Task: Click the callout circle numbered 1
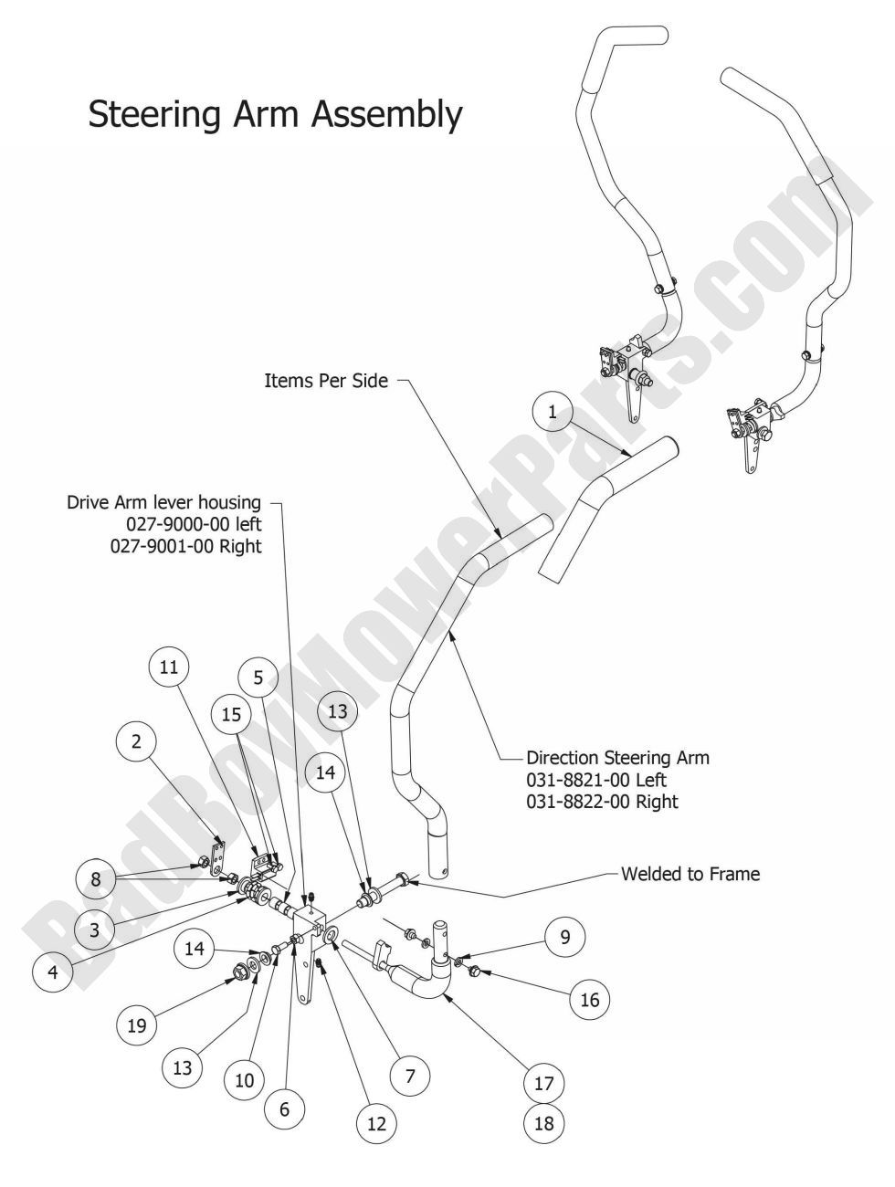click(x=552, y=412)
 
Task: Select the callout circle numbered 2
click(x=136, y=741)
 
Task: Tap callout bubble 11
click(x=169, y=667)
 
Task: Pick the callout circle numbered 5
click(x=258, y=678)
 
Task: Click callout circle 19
click(x=137, y=1026)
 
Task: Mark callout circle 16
click(x=590, y=1000)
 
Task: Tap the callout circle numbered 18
click(x=543, y=1123)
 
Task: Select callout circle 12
click(x=377, y=1125)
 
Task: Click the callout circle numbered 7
click(x=410, y=1077)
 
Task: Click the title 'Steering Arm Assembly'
click(x=275, y=115)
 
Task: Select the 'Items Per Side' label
click(x=326, y=381)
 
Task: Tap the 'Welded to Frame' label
click(x=690, y=874)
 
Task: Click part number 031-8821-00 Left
click(x=596, y=780)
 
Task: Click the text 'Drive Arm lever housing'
click(x=163, y=502)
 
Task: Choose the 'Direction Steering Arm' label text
click(x=617, y=758)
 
